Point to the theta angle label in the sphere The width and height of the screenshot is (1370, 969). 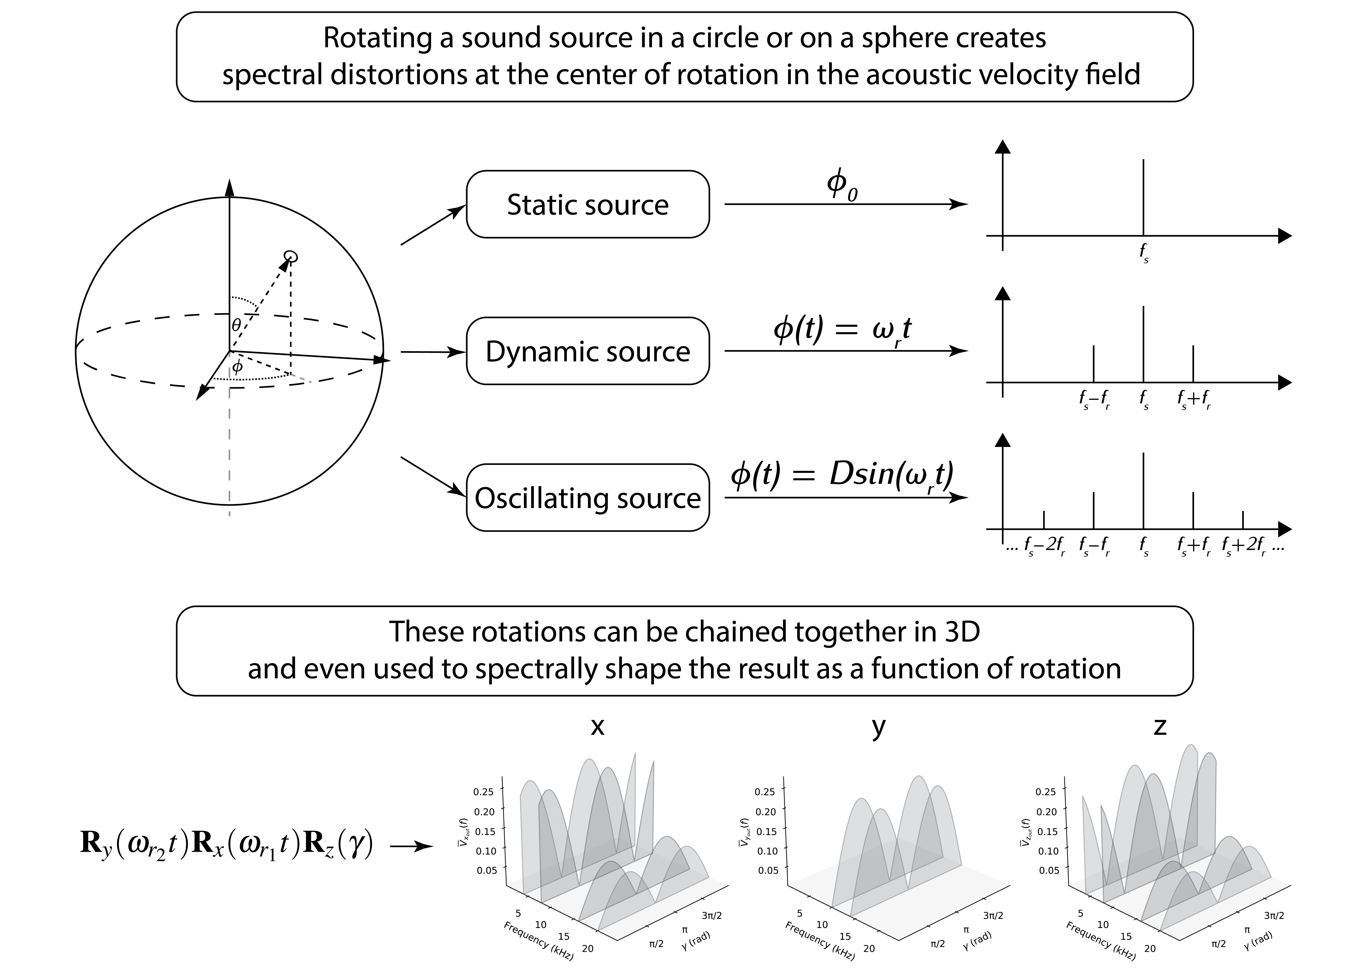[236, 325]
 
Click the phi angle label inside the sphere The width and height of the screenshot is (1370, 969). [237, 367]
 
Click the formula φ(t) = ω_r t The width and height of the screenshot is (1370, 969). [842, 330]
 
